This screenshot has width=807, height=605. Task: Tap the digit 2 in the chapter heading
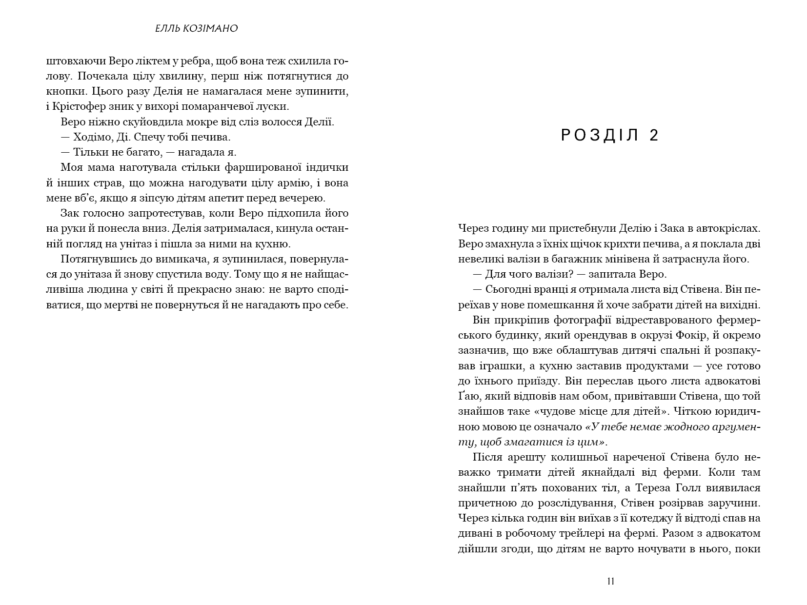point(654,136)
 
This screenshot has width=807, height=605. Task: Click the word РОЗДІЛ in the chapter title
point(600,136)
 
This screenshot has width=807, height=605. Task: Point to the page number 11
point(610,581)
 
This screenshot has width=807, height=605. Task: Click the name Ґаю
point(467,397)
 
